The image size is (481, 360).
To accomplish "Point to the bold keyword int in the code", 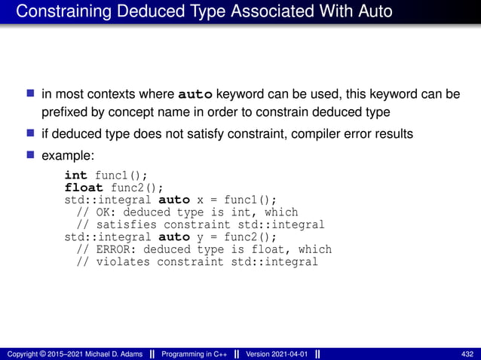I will pyautogui.click(x=75, y=175).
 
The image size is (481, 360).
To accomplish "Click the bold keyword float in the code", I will pyautogui.click(x=83, y=187).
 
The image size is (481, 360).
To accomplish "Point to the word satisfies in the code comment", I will pyautogui.click(x=127, y=224).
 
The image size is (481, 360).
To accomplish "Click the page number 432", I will pyautogui.click(x=467, y=354).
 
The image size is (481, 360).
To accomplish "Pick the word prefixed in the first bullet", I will pyautogui.click(x=63, y=112).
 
